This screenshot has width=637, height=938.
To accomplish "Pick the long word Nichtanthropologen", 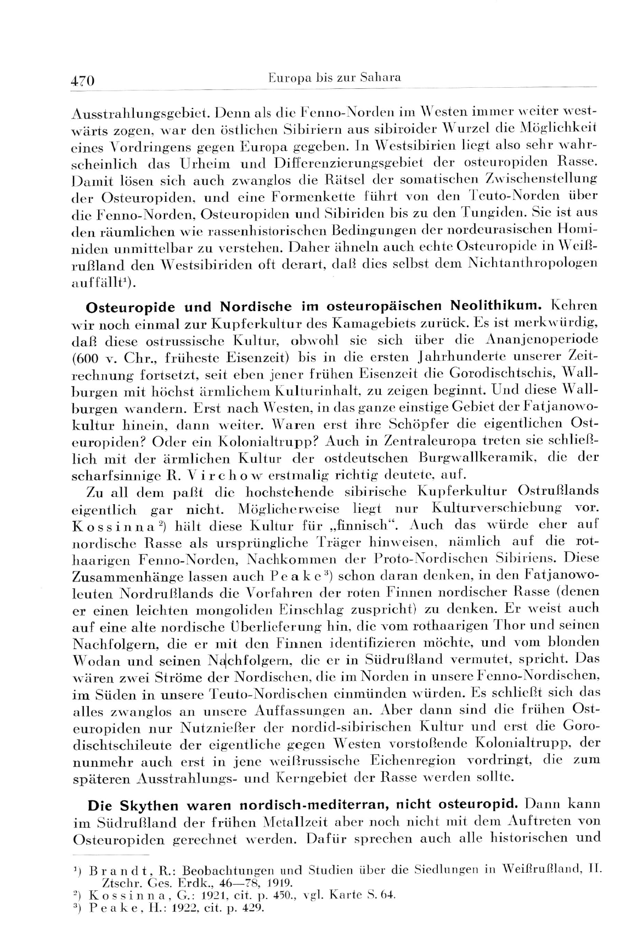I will (x=532, y=264).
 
